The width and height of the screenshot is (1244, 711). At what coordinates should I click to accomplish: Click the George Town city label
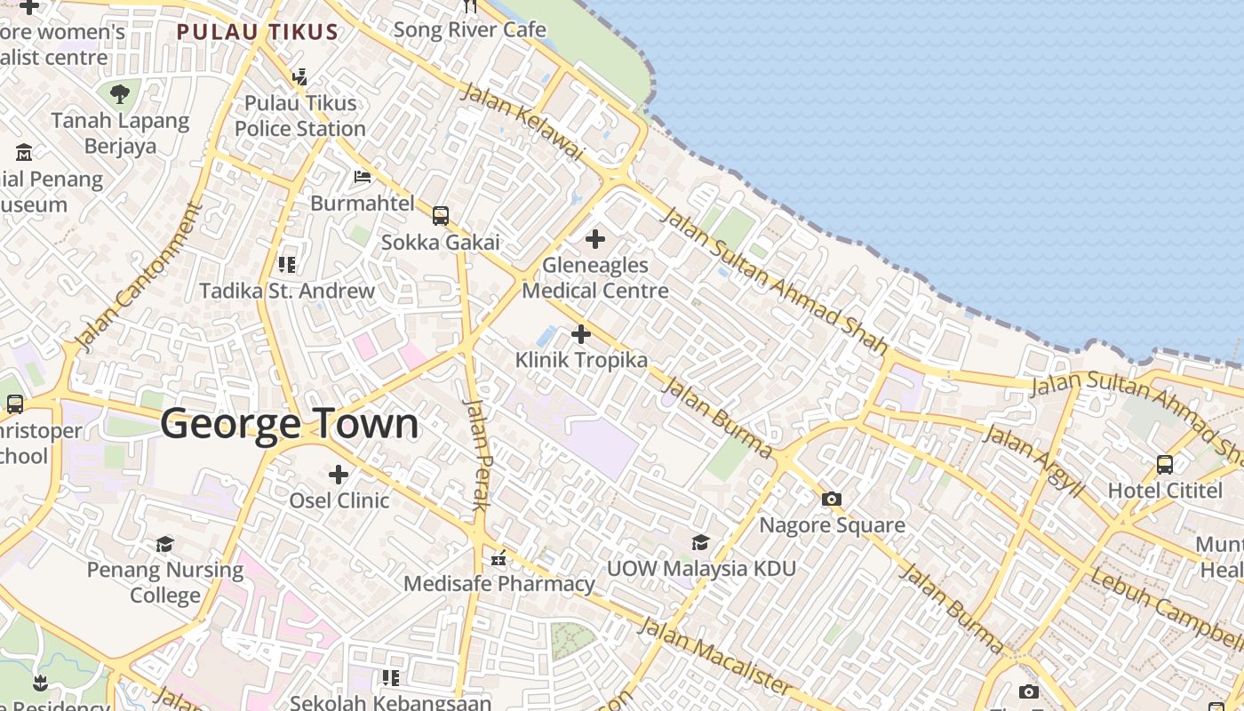(290, 424)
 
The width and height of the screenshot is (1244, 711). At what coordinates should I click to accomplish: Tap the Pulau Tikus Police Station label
(300, 116)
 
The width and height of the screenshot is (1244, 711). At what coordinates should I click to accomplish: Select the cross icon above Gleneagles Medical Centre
(595, 239)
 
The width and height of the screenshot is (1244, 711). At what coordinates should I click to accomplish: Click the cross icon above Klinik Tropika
(581, 334)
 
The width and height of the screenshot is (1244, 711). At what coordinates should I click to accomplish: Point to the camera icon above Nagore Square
(832, 499)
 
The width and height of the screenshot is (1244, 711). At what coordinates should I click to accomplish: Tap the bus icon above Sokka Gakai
(441, 215)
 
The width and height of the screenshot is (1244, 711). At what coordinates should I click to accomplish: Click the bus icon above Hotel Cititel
(1165, 464)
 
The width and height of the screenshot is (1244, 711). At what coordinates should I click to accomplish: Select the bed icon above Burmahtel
(363, 176)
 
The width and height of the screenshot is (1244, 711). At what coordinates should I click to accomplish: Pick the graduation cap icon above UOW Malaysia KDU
(701, 542)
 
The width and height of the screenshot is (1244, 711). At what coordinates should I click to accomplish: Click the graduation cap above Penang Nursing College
(165, 543)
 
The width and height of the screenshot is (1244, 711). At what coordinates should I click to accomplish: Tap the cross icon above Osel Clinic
(339, 474)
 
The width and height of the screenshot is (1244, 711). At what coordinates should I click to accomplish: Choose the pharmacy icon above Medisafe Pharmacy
(499, 558)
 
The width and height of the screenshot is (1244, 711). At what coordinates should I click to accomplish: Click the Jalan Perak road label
(478, 454)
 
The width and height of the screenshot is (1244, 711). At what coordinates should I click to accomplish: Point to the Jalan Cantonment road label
(140, 276)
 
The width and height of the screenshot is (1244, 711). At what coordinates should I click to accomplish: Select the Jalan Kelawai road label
(522, 122)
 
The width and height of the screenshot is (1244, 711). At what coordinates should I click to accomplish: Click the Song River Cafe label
(469, 29)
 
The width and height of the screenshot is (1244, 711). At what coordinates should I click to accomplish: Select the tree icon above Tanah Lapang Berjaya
(120, 92)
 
